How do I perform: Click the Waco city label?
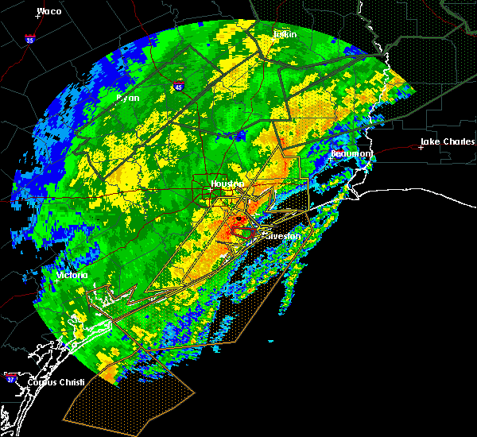point(49,12)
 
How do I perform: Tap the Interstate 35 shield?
point(30,38)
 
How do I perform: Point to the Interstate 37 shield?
point(11,377)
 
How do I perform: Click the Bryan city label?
point(128,98)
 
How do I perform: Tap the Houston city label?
point(227,184)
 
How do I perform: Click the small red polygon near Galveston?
point(246,234)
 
